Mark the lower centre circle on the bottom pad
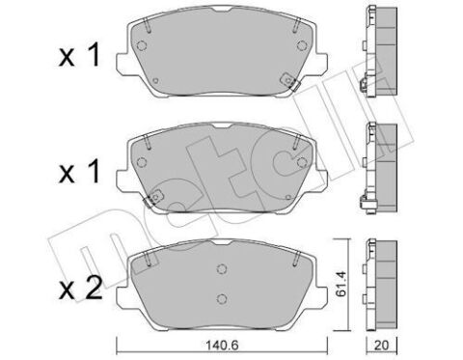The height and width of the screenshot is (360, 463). (221, 299)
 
